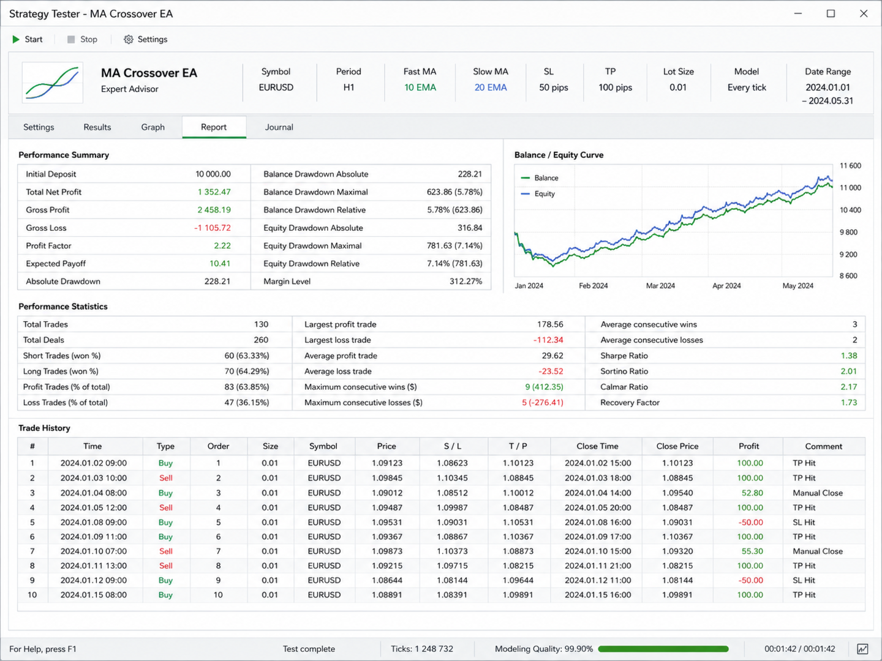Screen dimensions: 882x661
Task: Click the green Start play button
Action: pos(16,39)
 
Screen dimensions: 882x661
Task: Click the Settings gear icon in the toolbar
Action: pos(128,39)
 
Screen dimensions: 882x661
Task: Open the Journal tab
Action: pos(279,127)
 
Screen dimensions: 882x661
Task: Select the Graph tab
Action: pos(153,127)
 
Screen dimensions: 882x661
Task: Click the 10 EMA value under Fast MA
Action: pos(420,88)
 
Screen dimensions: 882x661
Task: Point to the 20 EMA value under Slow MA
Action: pos(490,88)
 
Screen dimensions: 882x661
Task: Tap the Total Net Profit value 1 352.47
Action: pos(214,192)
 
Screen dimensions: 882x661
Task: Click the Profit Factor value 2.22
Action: pos(222,245)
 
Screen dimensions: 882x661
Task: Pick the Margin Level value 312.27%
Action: pos(466,282)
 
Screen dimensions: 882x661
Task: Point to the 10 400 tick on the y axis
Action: pos(850,210)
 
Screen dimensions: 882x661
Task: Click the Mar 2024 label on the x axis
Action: pos(660,286)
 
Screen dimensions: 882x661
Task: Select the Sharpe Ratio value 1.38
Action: pos(849,356)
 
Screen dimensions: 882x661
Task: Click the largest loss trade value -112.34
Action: pos(548,340)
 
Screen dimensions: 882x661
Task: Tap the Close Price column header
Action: pos(677,446)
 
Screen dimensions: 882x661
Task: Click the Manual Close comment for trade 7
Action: pos(817,551)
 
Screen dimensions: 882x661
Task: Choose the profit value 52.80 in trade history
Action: pos(752,493)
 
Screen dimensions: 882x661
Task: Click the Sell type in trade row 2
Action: pos(165,478)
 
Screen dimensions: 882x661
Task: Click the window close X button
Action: pos(864,13)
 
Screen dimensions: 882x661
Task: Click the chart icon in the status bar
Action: pos(863,649)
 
